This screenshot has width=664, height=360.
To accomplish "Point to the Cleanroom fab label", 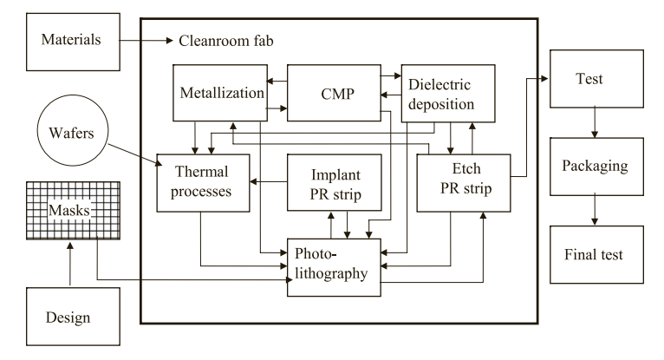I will [x=228, y=41].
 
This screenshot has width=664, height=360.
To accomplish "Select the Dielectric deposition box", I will [x=446, y=92].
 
